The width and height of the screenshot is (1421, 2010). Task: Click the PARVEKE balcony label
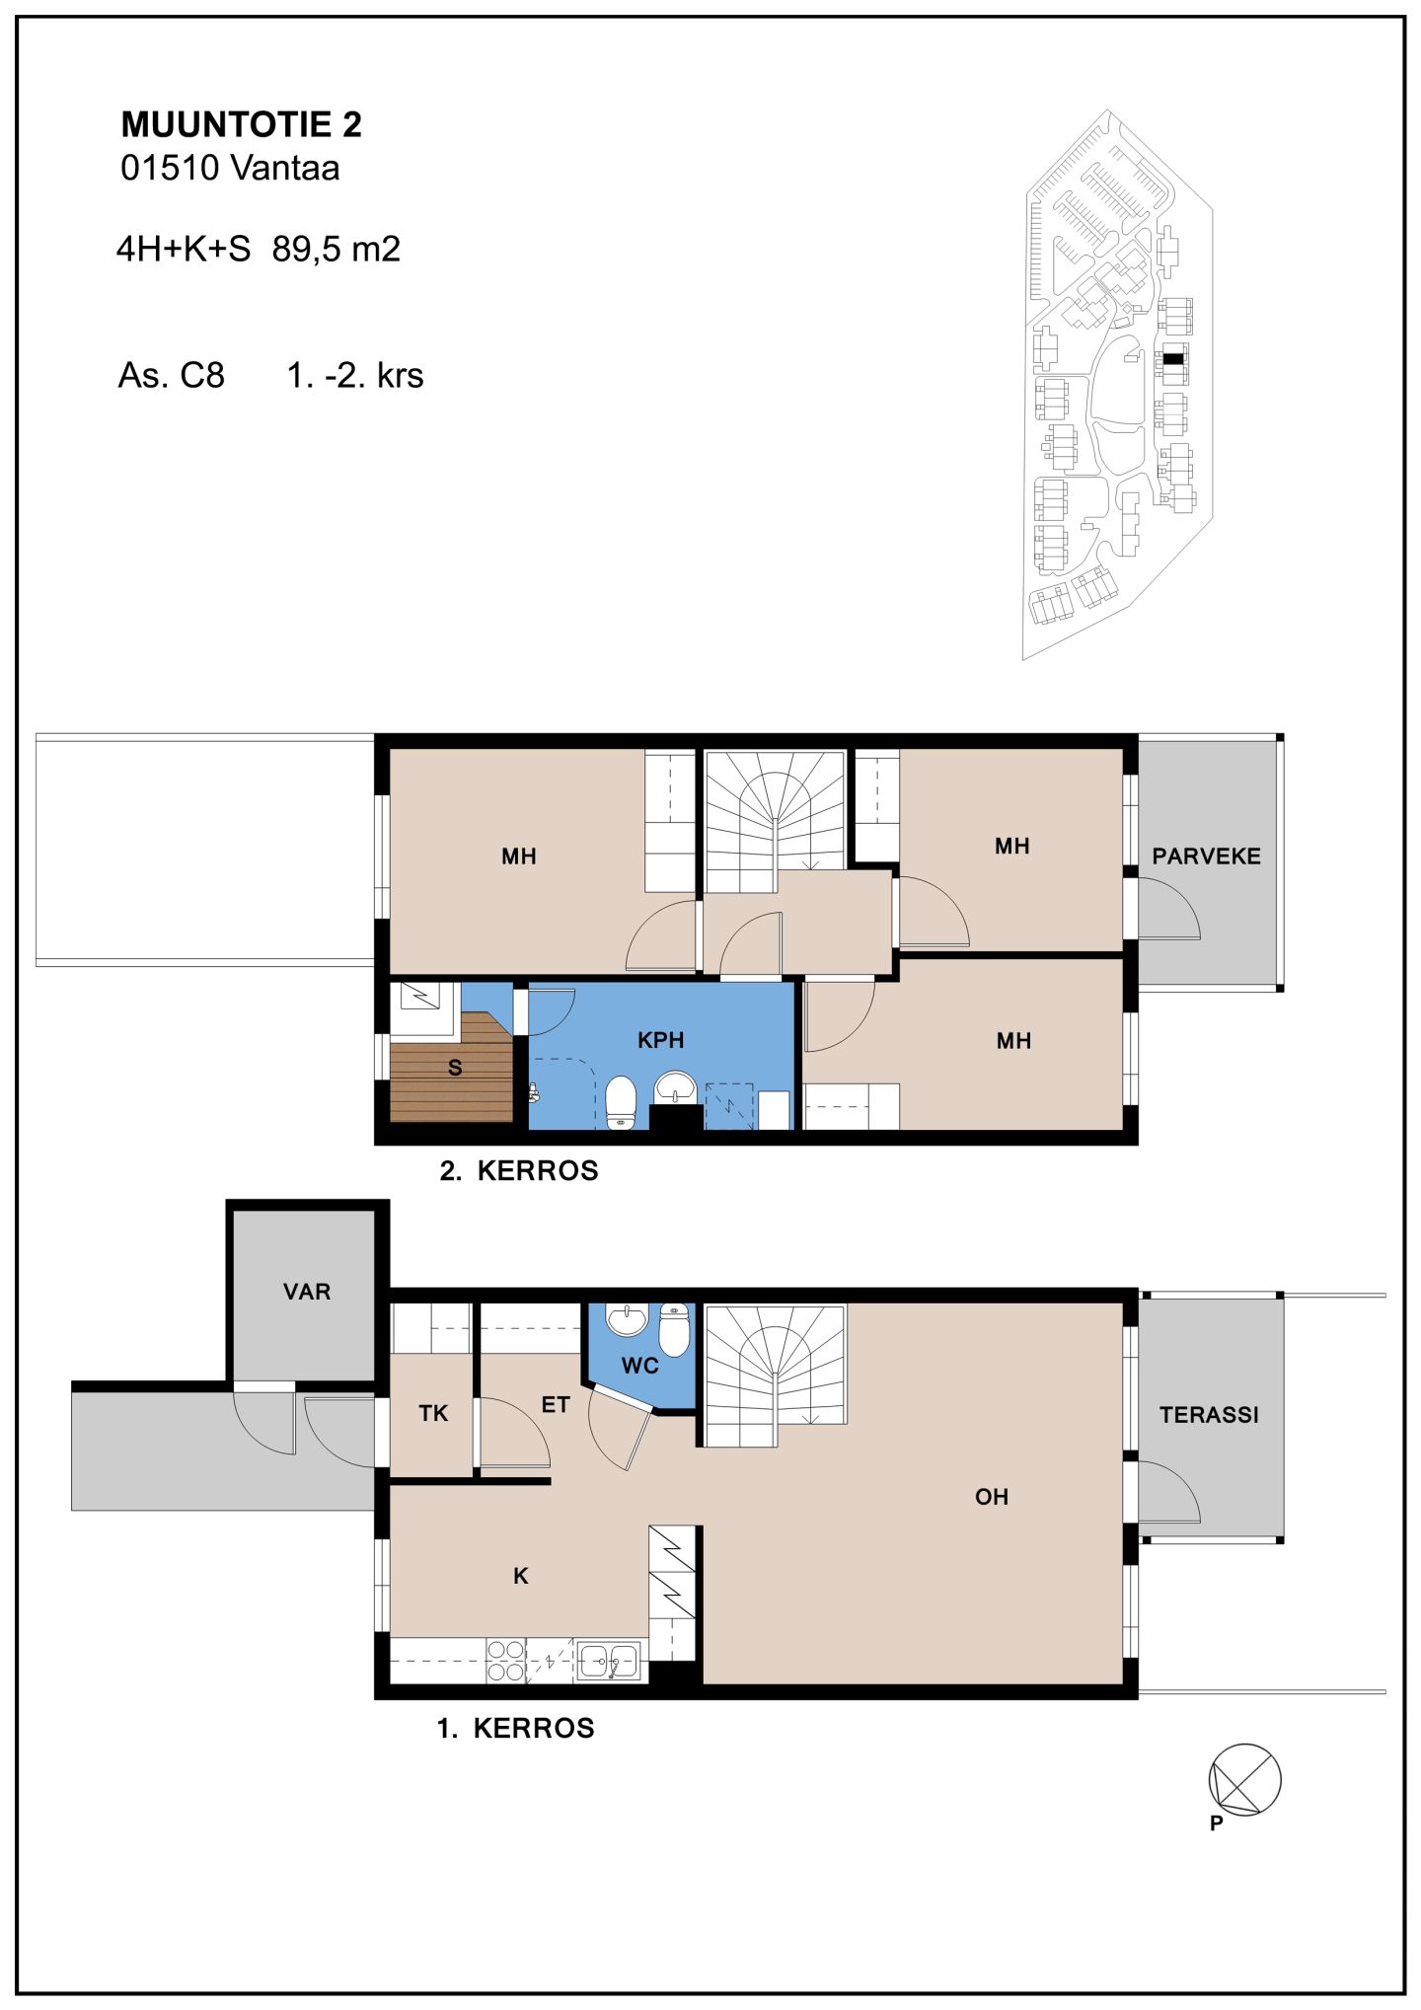pos(1206,856)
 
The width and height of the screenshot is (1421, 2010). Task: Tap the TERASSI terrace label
pos(1209,1415)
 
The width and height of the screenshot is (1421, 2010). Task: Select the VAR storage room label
pos(307,1292)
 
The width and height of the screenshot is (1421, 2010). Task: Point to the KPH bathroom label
pos(660,1040)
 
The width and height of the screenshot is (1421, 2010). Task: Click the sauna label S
pos(455,1068)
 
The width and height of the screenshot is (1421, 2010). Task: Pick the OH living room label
pos(992,1497)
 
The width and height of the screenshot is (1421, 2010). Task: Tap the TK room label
pos(433,1413)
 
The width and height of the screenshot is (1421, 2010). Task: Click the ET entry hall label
pos(556,1404)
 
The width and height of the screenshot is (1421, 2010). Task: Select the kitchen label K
pos(521,1577)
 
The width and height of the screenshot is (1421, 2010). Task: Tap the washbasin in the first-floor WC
pos(626,1320)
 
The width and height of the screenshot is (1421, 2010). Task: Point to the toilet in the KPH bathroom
pos(620,1102)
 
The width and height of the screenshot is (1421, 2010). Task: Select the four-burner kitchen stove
pos(505,1660)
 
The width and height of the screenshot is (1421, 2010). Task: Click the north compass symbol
pos(1244,1781)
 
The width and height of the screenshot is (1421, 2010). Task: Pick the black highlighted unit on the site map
pos(1171,360)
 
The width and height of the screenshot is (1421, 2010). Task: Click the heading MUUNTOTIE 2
pos(242,124)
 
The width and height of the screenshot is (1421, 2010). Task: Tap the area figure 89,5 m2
pos(337,250)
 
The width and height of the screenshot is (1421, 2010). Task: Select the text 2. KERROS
pos(519,1171)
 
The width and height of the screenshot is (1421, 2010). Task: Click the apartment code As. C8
pos(172,376)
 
